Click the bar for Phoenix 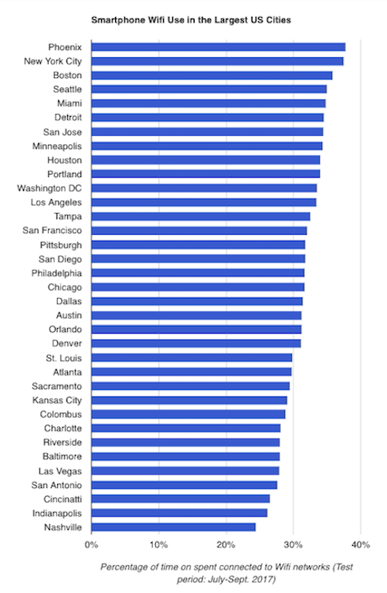click(219, 47)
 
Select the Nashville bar click(174, 527)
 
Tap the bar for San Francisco click(199, 230)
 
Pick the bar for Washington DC click(204, 188)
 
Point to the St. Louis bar click(192, 357)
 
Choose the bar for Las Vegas click(185, 470)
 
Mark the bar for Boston click(212, 75)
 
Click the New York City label click(53, 61)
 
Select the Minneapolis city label click(57, 146)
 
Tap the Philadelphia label click(56, 273)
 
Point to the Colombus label click(61, 414)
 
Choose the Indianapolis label click(57, 513)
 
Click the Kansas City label click(57, 400)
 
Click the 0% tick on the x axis click(92, 544)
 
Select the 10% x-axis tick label click(159, 544)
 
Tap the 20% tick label click(226, 544)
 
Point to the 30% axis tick click(294, 544)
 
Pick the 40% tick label click(361, 544)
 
